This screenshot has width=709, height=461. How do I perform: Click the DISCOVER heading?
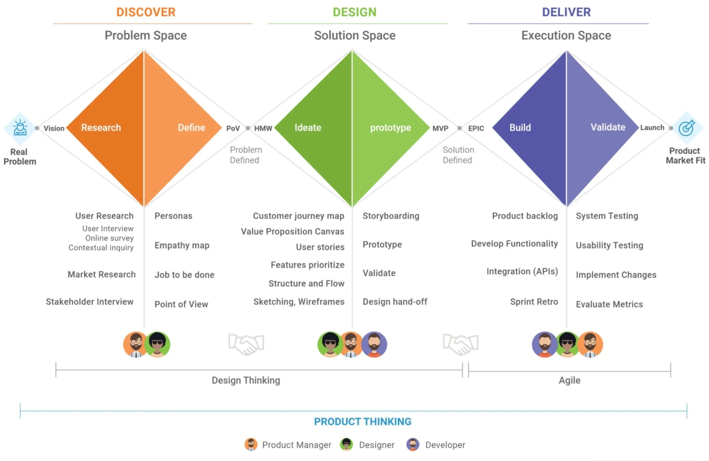pyautogui.click(x=146, y=12)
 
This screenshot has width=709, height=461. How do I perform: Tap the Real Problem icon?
pyautogui.click(x=20, y=128)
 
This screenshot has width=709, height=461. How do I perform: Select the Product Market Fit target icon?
pyautogui.click(x=686, y=128)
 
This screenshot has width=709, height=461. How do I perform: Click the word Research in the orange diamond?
pyautogui.click(x=101, y=127)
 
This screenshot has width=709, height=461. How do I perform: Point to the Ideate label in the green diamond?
pyautogui.click(x=308, y=127)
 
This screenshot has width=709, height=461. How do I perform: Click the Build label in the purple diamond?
pyautogui.click(x=520, y=127)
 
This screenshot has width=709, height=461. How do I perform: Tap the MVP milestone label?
pyautogui.click(x=440, y=128)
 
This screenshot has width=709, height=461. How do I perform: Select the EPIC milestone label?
pyautogui.click(x=476, y=128)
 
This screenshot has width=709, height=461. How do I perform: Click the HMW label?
pyautogui.click(x=263, y=128)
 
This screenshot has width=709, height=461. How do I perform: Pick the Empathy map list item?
pyautogui.click(x=182, y=245)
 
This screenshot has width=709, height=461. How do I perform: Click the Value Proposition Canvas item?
pyautogui.click(x=292, y=231)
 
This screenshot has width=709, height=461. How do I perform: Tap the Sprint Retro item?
pyautogui.click(x=534, y=302)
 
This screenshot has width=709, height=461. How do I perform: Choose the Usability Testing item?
pyautogui.click(x=609, y=245)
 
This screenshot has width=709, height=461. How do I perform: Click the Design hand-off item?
pyautogui.click(x=395, y=302)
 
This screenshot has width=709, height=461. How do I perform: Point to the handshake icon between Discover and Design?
pyautogui.click(x=246, y=344)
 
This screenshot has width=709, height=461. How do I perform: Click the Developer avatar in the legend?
pyautogui.click(x=413, y=445)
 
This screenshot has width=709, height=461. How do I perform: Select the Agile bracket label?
pyautogui.click(x=569, y=380)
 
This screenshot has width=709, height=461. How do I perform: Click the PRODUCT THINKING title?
pyautogui.click(x=363, y=421)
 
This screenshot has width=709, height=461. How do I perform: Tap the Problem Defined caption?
pyautogui.click(x=246, y=155)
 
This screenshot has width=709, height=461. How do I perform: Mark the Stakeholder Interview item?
pyautogui.click(x=90, y=302)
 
